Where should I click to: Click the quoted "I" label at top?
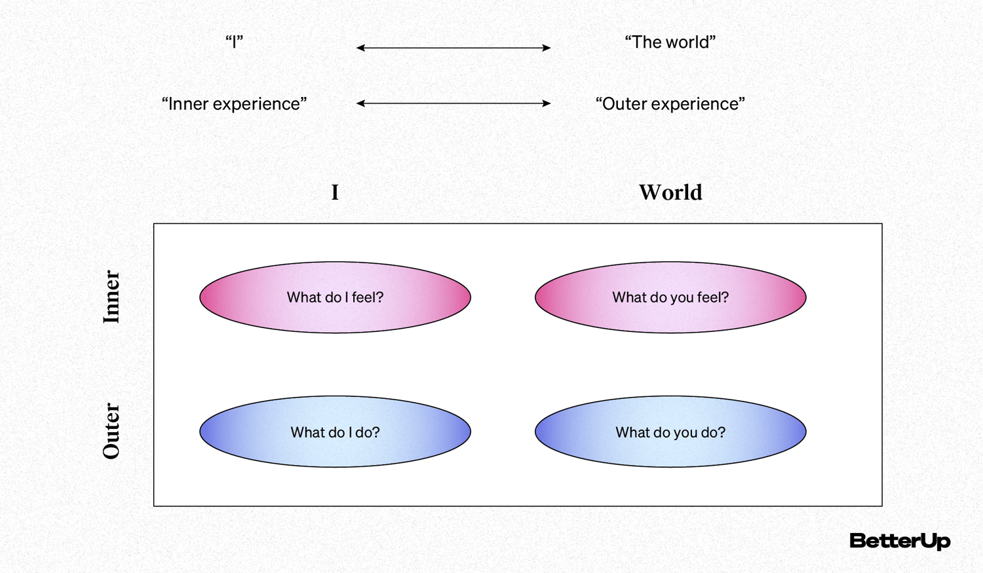coord(234,42)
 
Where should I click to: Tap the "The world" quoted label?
coord(670,42)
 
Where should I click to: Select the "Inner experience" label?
coord(234,103)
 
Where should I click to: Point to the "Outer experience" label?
coord(670,103)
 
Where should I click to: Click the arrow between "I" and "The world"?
coord(453,48)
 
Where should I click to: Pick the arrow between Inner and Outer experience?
coord(453,103)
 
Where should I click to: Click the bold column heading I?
coord(335,193)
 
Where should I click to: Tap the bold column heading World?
coord(670,193)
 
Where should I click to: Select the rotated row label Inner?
coord(111,297)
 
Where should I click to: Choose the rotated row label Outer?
coord(111,431)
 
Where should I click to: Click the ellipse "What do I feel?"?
coord(335,298)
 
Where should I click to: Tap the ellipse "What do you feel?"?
coord(670,298)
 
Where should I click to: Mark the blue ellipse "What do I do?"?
coord(335,432)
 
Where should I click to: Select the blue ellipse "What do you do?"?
coord(670,432)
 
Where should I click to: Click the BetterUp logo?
coord(899,541)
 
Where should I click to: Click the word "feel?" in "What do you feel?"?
coord(713,297)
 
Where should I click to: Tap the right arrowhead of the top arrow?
coord(547,48)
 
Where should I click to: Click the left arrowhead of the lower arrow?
coord(360,103)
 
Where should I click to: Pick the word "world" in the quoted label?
coord(687,42)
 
